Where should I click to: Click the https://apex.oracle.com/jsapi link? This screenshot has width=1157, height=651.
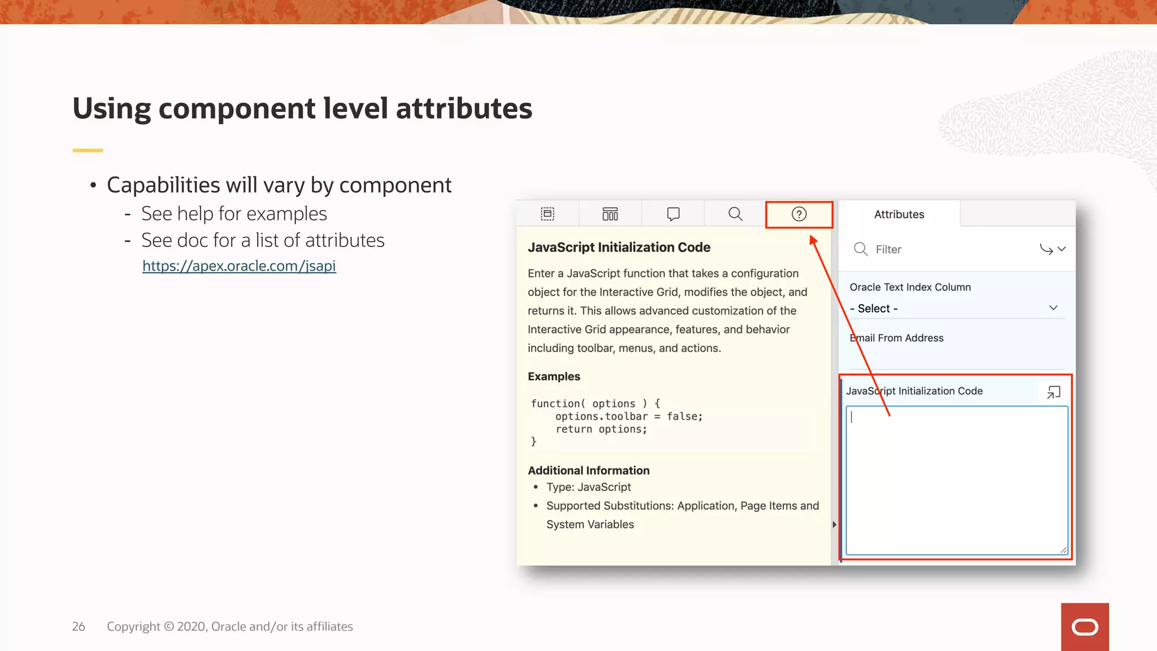239,266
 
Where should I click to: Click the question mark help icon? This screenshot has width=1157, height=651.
799,214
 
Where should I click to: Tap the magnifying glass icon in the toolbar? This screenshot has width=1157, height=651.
735,214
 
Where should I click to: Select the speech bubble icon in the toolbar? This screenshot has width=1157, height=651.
673,214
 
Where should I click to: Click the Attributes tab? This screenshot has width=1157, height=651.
899,214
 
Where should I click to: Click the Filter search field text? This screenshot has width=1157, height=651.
888,249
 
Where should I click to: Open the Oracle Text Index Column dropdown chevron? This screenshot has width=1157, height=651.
1053,308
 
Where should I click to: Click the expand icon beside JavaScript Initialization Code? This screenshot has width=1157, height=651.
1054,392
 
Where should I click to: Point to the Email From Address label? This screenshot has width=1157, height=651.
897,338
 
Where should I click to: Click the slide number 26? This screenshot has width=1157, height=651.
79,626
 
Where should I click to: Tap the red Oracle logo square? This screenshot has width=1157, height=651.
1085,627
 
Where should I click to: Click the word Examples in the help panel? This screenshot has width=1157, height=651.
554,376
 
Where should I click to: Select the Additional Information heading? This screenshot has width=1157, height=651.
589,470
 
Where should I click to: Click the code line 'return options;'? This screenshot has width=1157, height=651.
601,429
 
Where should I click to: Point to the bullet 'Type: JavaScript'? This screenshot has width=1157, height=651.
588,487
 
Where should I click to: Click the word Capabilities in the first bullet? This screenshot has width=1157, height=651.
163,185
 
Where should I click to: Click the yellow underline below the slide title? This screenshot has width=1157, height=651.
88,150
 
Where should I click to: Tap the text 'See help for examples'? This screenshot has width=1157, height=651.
234,214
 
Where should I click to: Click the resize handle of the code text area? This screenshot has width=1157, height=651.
1063,550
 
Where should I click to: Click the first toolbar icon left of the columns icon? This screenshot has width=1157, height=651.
547,214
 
